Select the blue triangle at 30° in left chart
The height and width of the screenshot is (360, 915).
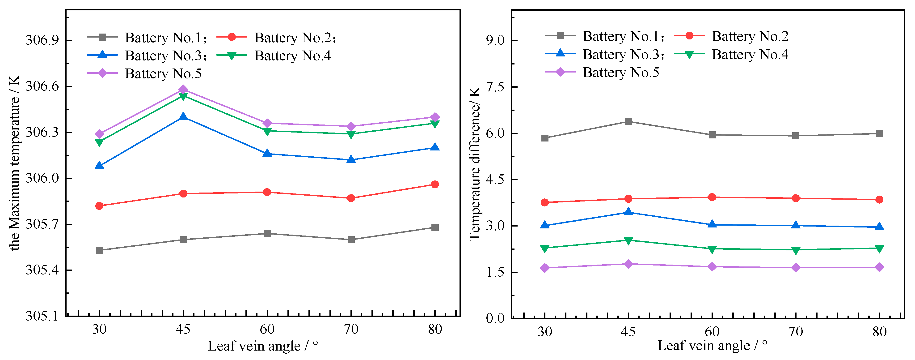pos(99,166)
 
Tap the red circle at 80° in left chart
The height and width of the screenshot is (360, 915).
pos(434,184)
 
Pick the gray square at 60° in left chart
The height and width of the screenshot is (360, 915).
pos(267,233)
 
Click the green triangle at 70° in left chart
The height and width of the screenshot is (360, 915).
pos(351,134)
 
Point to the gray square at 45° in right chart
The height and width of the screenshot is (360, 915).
pos(628,122)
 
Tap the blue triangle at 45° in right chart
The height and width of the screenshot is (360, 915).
pos(628,212)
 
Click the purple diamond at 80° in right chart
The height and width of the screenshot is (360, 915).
pos(879,267)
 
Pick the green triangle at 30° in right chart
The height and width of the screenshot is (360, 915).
pos(544,249)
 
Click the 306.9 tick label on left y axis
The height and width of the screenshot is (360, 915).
pos(42,40)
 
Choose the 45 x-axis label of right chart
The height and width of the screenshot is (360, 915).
pos(628,332)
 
